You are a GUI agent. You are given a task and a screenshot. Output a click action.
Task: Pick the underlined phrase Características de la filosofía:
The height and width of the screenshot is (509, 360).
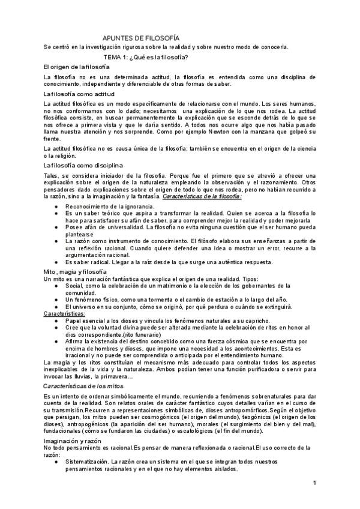(x=205, y=196)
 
